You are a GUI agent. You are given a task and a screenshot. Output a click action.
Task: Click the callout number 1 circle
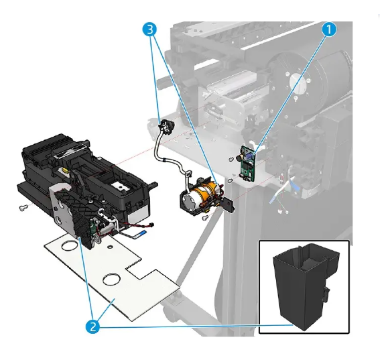(x=329, y=29)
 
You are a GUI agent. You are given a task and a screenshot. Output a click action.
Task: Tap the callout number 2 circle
(x=95, y=326)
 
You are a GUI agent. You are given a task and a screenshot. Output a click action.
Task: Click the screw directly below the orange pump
(x=205, y=218)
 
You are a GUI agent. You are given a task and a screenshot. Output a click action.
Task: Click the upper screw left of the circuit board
(x=231, y=159)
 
